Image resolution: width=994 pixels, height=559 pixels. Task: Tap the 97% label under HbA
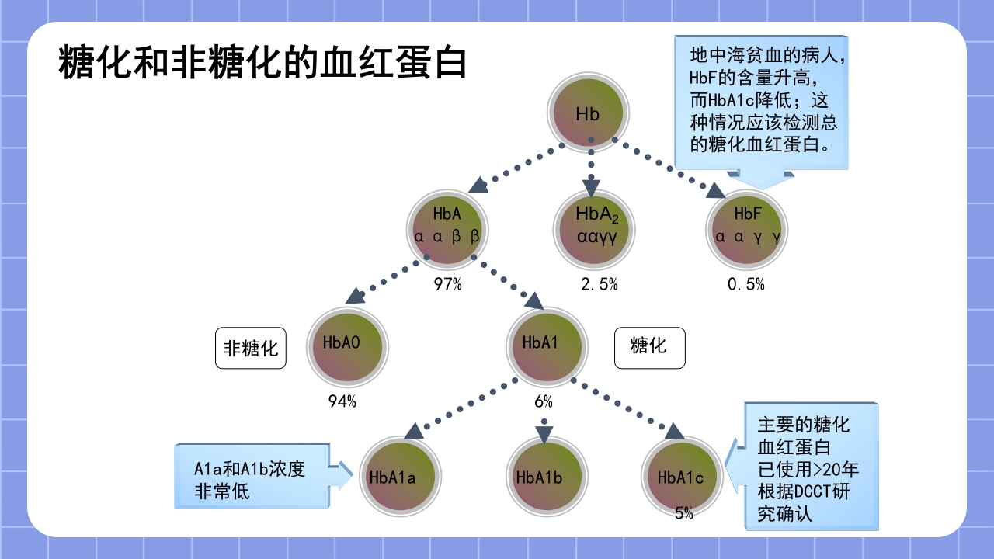pyautogui.click(x=448, y=285)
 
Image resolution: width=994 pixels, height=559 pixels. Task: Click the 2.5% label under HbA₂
pyautogui.click(x=600, y=285)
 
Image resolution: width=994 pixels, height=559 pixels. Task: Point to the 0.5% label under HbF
pyautogui.click(x=746, y=285)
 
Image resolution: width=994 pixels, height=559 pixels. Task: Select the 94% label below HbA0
pyautogui.click(x=342, y=402)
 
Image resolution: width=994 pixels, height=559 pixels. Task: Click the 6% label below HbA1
pyautogui.click(x=544, y=402)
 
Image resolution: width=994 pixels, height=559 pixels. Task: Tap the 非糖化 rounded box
pyautogui.click(x=251, y=348)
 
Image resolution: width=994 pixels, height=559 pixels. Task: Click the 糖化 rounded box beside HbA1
pyautogui.click(x=650, y=347)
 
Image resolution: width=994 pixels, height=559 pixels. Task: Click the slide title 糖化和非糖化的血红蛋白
pyautogui.click(x=262, y=62)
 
